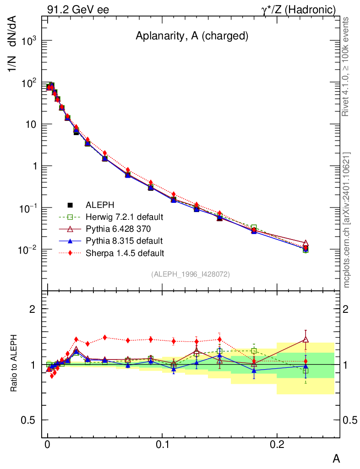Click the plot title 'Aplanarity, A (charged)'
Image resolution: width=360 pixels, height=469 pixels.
click(x=192, y=37)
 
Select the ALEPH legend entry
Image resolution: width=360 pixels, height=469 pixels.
click(x=99, y=205)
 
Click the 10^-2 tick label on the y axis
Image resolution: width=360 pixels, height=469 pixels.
click(x=27, y=250)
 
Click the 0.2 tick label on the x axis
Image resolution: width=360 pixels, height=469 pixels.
click(x=277, y=445)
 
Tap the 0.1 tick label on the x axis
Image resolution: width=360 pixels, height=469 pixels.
click(x=162, y=445)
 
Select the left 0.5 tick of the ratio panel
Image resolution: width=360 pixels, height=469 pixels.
click(x=30, y=420)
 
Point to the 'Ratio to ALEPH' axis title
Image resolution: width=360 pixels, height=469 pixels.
click(x=14, y=364)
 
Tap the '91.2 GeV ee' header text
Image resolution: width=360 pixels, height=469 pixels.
click(x=78, y=9)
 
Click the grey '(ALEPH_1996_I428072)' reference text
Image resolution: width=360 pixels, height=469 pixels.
click(x=191, y=274)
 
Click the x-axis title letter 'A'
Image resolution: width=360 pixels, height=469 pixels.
click(x=336, y=458)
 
